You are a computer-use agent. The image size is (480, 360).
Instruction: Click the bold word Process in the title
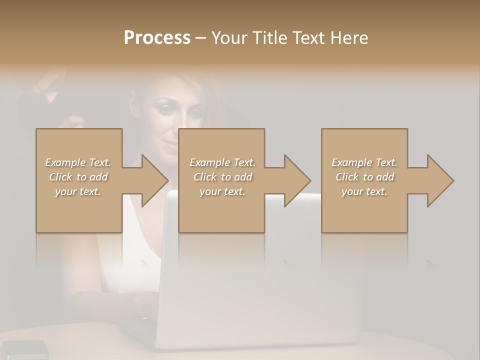[157, 38]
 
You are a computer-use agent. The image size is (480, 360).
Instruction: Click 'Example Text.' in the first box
[78, 162]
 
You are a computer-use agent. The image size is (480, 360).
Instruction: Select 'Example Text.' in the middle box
[222, 162]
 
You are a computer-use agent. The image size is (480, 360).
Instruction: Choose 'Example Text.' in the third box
[364, 162]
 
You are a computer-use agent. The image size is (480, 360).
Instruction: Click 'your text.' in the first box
[78, 191]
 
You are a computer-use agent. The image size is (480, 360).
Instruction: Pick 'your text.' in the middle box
[222, 191]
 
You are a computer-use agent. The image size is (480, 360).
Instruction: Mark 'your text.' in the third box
[364, 191]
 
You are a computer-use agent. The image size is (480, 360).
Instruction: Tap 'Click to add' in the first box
[78, 177]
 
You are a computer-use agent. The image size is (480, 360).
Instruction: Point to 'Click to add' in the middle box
[222, 177]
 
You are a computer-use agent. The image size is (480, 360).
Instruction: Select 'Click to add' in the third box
[364, 177]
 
